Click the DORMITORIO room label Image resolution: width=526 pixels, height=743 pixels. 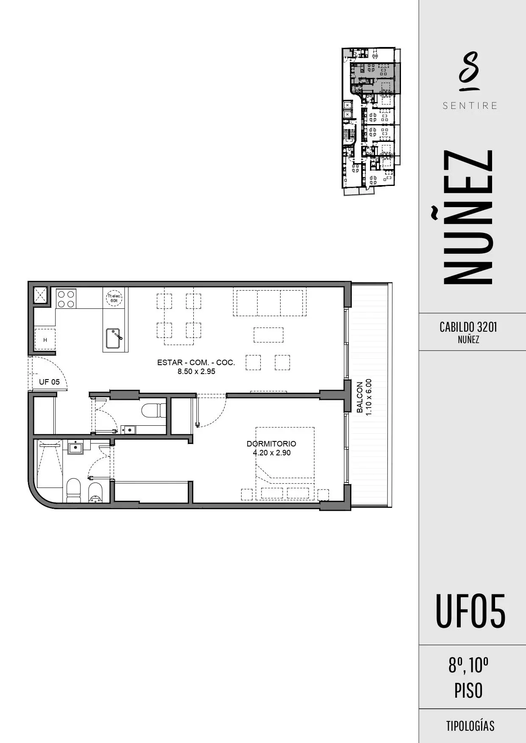point(271,444)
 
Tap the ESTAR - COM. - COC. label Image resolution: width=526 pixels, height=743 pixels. point(196,362)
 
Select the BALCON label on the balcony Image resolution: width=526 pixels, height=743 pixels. point(360,397)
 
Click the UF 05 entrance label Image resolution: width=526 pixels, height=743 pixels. point(49,382)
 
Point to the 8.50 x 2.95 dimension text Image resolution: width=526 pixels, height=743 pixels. point(196,371)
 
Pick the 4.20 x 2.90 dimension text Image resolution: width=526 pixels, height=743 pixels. point(272,453)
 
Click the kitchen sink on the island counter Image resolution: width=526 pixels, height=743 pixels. point(114,338)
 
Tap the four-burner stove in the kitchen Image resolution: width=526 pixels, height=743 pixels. point(66,298)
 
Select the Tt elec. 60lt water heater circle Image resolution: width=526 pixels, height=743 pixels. point(114,298)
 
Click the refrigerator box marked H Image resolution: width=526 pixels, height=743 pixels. point(45,339)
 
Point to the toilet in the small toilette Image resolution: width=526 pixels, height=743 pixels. point(153,410)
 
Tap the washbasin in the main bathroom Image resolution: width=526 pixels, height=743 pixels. point(76,446)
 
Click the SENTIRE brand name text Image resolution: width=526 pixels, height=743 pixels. point(470,105)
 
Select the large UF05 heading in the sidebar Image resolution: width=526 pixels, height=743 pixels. point(470,611)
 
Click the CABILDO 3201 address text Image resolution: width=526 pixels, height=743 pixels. point(468,327)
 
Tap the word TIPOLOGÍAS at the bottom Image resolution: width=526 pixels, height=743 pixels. point(470,726)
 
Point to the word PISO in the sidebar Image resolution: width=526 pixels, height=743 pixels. point(468,690)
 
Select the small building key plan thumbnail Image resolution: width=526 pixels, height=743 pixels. point(371,121)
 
